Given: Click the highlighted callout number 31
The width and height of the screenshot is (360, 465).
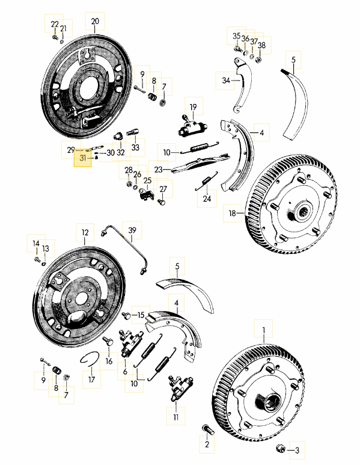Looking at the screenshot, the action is coord(82,158).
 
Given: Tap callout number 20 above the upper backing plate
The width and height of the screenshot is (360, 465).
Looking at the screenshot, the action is coord(95,21).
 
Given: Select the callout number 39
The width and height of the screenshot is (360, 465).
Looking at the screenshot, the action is coord(132,230).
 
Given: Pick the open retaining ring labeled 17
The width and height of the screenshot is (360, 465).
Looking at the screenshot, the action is coord(89,359).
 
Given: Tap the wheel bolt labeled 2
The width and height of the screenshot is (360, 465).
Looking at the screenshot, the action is coord(208,429).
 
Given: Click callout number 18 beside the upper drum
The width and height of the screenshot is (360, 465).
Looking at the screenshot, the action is coord(233,213).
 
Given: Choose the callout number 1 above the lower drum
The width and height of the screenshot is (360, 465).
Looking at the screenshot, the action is coord(263,330).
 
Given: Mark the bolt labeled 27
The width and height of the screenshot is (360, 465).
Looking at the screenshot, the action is coord(161,202).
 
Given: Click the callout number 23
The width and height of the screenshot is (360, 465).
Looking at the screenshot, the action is coord(159,169).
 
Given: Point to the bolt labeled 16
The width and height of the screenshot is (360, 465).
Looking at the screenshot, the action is coord(108,341).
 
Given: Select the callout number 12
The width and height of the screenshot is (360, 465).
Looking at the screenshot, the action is coord(85,232).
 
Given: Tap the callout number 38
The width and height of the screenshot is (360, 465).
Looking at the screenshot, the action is coord(261,45).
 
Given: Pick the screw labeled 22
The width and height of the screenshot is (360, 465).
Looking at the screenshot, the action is coord(55,37).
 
